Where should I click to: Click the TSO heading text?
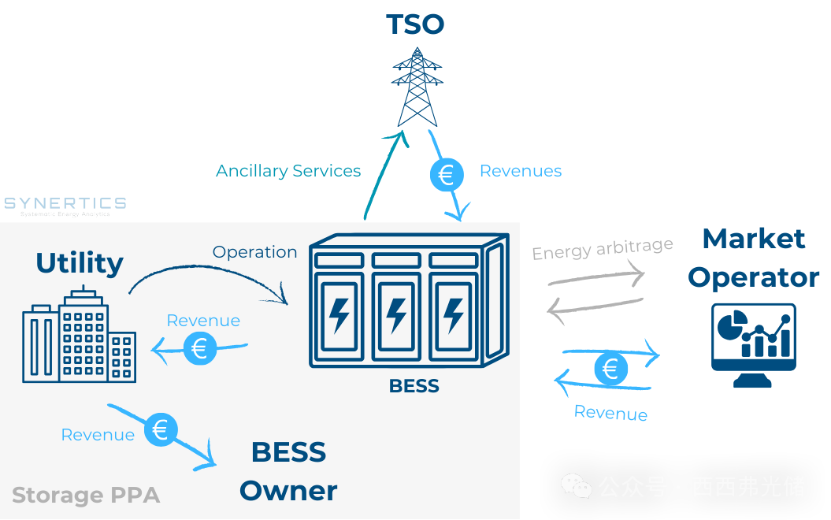pyautogui.click(x=415, y=24)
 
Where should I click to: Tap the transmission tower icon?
pyautogui.click(x=416, y=87)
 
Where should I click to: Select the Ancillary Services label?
pyautogui.click(x=288, y=171)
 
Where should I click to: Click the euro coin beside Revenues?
pyautogui.click(x=446, y=174)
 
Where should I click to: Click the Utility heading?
pyautogui.click(x=80, y=263)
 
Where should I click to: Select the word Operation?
pyautogui.click(x=254, y=252)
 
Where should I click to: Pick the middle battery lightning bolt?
pyautogui.click(x=396, y=314)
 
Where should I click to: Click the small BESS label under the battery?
pyautogui.click(x=414, y=386)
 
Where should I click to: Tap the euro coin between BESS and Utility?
pyautogui.click(x=200, y=347)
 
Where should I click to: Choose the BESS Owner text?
pyautogui.click(x=288, y=471)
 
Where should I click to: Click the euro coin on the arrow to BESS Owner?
pyautogui.click(x=161, y=429)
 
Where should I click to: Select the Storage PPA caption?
pyautogui.click(x=86, y=496)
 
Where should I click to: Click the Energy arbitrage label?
pyautogui.click(x=603, y=249)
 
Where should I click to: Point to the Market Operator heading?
pyautogui.click(x=754, y=258)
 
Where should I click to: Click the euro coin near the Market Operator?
pyautogui.click(x=610, y=369)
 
